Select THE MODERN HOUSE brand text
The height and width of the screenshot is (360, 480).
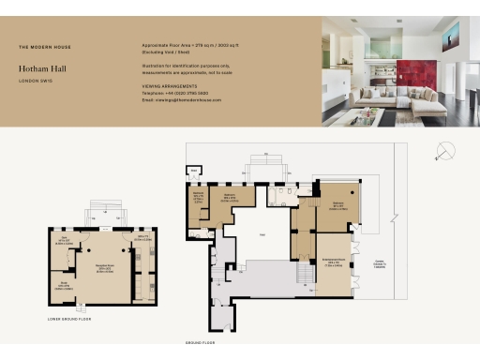pos(44,47)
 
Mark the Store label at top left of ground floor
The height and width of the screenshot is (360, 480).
pos(195,172)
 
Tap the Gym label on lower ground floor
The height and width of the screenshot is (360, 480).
pos(143,238)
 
